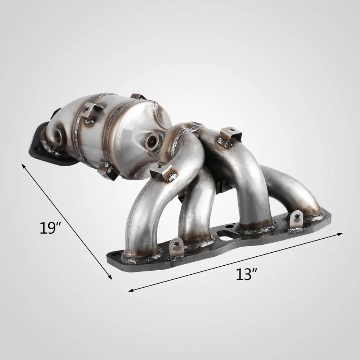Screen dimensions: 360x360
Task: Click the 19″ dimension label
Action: (50, 229)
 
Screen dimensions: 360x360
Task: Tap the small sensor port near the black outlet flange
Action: (57, 136)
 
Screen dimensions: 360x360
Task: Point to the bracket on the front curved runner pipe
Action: (162, 171)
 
